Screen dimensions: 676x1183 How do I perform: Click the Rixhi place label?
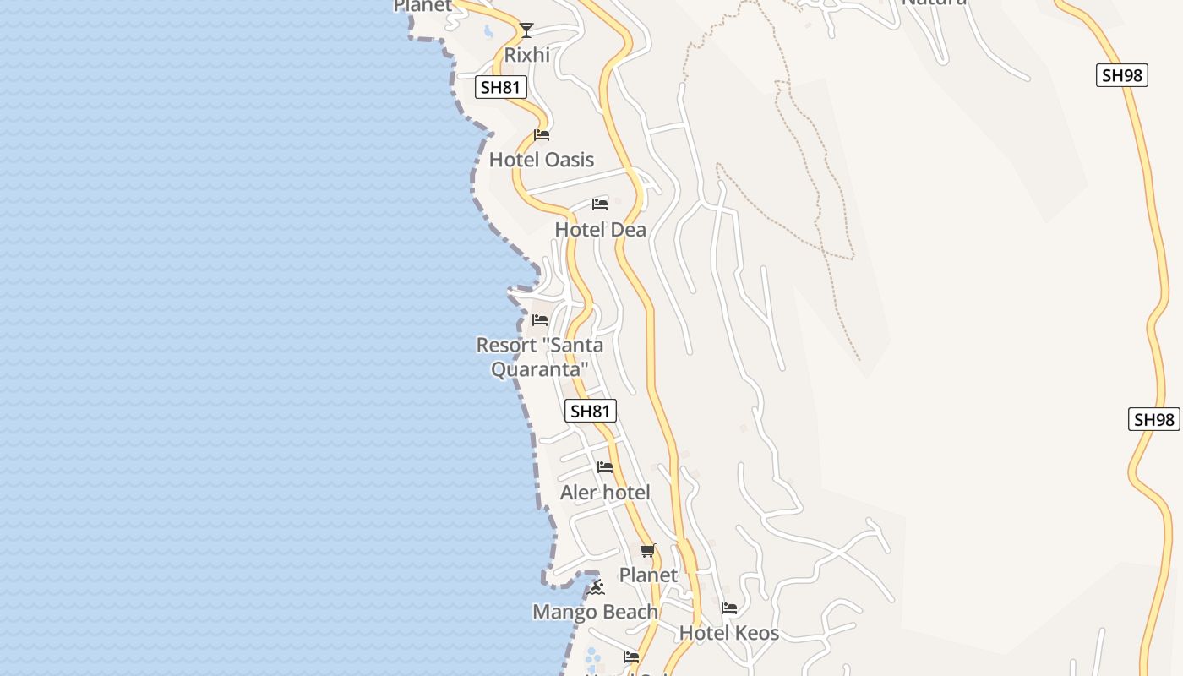(526, 55)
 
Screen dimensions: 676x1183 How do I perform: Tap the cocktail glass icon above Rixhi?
(526, 30)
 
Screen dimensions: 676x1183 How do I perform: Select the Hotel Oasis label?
(542, 160)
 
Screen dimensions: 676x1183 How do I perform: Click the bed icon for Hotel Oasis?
(542, 135)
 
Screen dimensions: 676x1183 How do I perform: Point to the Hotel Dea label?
(600, 230)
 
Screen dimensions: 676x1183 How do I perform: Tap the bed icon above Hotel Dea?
(600, 204)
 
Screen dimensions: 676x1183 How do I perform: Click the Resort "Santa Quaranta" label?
(539, 357)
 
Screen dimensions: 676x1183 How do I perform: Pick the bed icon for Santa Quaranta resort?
(540, 320)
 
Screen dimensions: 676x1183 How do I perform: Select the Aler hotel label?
(605, 493)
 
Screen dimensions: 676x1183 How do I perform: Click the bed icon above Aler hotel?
(605, 467)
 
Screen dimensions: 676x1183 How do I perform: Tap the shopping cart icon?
(647, 551)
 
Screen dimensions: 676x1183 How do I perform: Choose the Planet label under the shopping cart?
(648, 575)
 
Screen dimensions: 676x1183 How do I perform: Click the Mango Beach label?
(595, 612)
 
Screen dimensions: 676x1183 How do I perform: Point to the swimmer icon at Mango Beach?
(597, 587)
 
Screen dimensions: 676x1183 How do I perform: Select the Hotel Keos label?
(729, 633)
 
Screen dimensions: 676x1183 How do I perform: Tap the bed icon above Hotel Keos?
(729, 608)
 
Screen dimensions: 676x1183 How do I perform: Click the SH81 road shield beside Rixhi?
(501, 87)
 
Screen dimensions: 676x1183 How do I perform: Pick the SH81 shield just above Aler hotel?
(590, 412)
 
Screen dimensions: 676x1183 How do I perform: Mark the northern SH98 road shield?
(1122, 75)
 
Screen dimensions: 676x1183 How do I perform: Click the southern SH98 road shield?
(1154, 420)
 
